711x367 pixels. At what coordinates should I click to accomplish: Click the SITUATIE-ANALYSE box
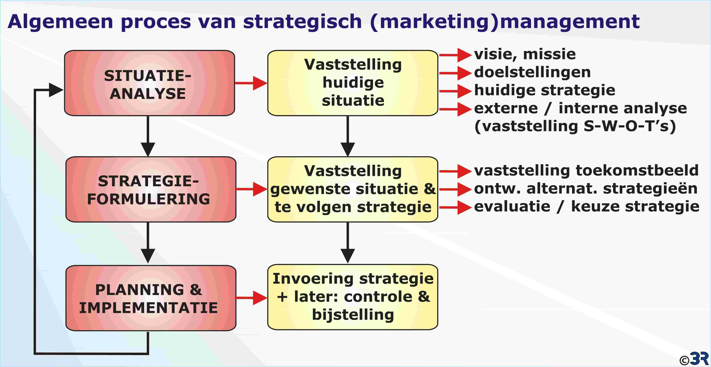(x=149, y=83)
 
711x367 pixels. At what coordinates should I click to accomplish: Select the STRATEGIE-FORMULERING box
(x=151, y=189)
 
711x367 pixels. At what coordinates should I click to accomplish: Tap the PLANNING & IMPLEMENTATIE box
(x=151, y=298)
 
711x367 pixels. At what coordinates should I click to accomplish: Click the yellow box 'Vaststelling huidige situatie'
(x=353, y=83)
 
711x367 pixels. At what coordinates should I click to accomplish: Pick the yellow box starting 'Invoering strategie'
(x=353, y=297)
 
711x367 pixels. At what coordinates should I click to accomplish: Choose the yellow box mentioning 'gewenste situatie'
(x=353, y=189)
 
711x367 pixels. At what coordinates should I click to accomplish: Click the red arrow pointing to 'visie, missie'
(x=455, y=55)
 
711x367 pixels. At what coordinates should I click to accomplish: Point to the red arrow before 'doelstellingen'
(x=455, y=73)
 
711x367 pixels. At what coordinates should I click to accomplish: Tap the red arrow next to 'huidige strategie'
(x=455, y=91)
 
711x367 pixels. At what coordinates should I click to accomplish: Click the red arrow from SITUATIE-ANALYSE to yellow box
(x=251, y=83)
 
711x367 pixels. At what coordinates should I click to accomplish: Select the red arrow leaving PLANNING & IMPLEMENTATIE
(x=251, y=298)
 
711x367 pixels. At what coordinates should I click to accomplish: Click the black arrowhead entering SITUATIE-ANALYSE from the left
(x=56, y=90)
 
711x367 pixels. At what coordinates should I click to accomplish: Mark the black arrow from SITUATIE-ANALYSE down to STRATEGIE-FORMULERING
(x=148, y=136)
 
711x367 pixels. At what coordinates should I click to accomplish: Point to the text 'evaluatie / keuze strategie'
(x=587, y=206)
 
